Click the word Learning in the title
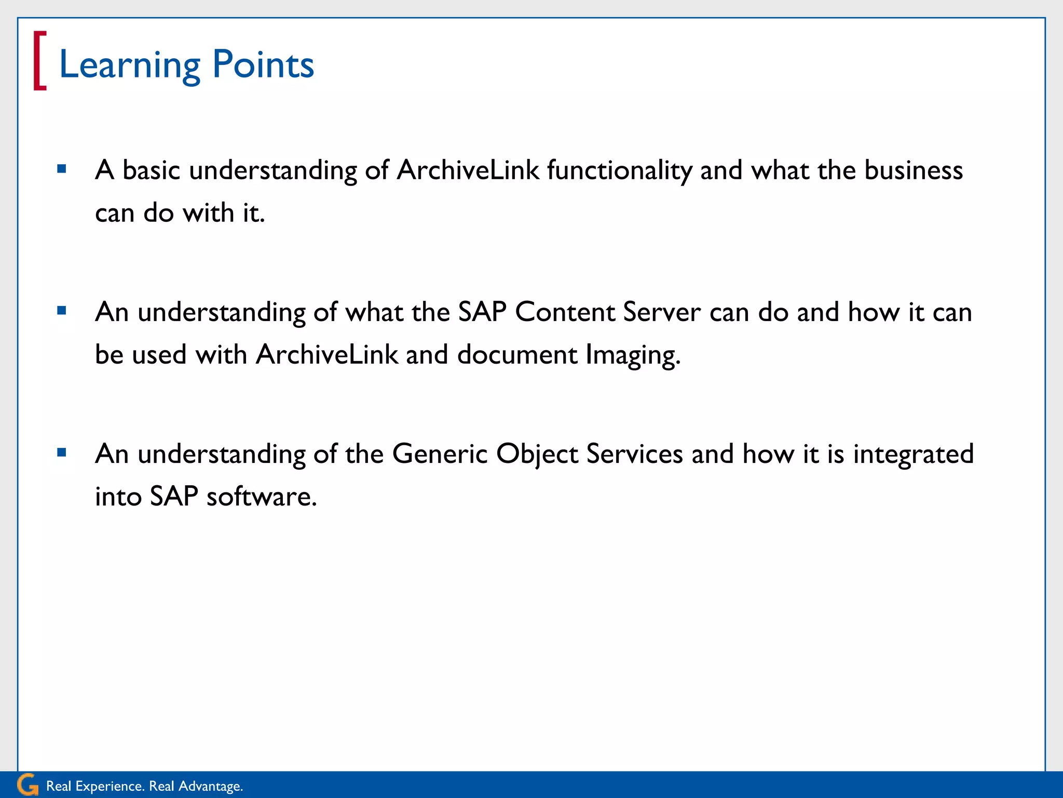[x=129, y=65]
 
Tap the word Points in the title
[x=263, y=65]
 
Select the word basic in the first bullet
[x=151, y=170]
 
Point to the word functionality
[x=619, y=170]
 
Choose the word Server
[x=662, y=312]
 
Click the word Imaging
[x=633, y=355]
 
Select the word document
[x=517, y=355]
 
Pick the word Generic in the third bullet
[x=440, y=454]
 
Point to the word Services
[x=634, y=454]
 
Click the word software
[x=261, y=497]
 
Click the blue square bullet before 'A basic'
[x=62, y=169]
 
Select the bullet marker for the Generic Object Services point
[x=62, y=453]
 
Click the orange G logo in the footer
[x=28, y=784]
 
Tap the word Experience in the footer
[x=110, y=786]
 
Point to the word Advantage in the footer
[x=210, y=787]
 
